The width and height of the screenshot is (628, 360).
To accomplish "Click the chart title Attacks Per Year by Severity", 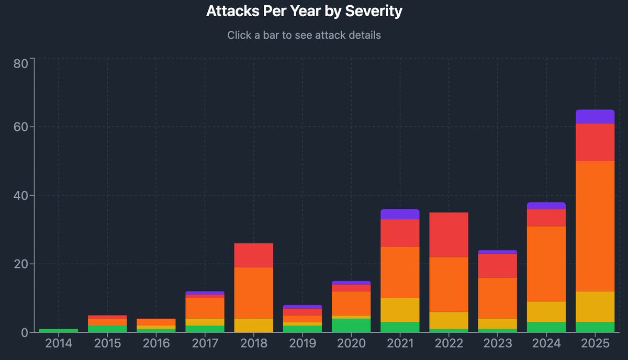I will click(x=304, y=11).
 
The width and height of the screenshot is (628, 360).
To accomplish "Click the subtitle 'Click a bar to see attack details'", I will click(x=304, y=36).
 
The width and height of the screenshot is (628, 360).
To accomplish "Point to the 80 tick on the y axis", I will click(x=21, y=64).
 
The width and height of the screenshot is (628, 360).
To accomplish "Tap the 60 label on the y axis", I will click(x=21, y=127).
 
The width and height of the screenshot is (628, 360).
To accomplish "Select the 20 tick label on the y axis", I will click(x=21, y=264).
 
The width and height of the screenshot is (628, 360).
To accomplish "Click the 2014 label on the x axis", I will click(x=59, y=344).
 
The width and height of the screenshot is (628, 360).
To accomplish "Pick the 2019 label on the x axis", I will click(x=302, y=344).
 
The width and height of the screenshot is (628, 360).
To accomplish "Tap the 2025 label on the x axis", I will click(x=595, y=344).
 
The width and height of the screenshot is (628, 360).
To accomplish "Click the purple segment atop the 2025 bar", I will click(x=595, y=117).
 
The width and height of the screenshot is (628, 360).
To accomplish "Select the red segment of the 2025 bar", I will click(x=595, y=142).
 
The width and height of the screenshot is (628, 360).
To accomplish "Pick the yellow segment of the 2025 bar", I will click(x=595, y=307).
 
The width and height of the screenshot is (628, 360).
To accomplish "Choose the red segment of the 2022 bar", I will click(x=449, y=235).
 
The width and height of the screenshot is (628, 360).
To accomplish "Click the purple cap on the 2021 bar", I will click(x=400, y=214).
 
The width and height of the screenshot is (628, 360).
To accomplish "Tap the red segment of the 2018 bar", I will click(x=254, y=255).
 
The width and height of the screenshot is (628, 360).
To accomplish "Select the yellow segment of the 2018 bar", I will click(x=254, y=325).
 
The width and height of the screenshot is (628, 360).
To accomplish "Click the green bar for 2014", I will click(x=59, y=331).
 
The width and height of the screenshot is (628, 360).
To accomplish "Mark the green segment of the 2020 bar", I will click(x=351, y=325).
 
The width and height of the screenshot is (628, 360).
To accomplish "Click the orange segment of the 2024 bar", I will click(x=546, y=264).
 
